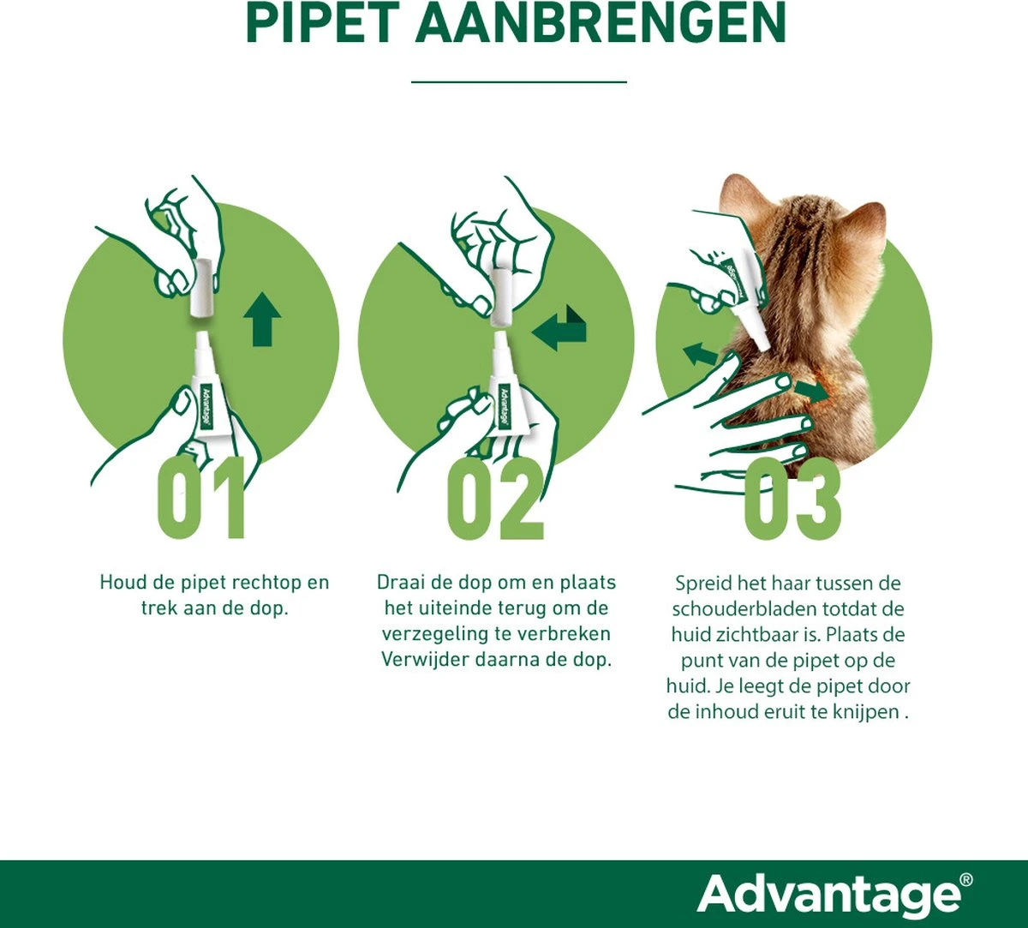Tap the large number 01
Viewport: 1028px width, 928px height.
[202, 499]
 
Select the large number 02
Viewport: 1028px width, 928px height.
[496, 499]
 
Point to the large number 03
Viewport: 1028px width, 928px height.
[792, 499]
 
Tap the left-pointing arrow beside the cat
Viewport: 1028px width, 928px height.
[701, 352]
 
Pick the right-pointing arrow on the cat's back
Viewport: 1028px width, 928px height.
[811, 391]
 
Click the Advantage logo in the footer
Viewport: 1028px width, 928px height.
[828, 895]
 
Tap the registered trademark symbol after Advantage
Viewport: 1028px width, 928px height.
[966, 879]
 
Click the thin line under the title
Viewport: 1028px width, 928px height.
[518, 82]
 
